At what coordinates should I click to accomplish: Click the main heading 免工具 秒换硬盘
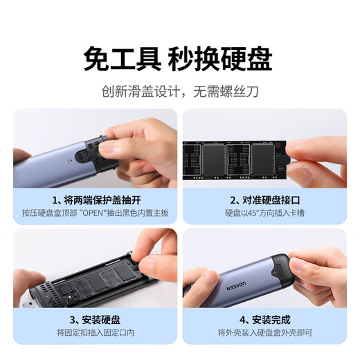coord(178,58)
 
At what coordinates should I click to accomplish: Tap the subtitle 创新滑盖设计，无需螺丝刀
coord(180,91)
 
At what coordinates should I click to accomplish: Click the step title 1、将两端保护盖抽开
coord(96,200)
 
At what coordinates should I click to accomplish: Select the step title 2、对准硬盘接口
coord(265,200)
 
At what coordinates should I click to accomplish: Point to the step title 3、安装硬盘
coord(95,320)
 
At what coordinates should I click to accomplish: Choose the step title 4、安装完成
coord(265,320)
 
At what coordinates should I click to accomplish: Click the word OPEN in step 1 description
coord(93,213)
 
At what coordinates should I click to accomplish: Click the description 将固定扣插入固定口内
coord(96,332)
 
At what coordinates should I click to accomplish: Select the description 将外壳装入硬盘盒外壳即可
coord(265,332)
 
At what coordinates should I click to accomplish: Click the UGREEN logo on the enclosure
coord(236,286)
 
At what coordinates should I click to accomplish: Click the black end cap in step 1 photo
coord(98,154)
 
